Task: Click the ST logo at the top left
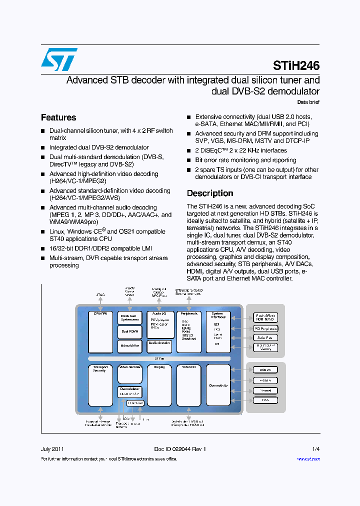[59, 59]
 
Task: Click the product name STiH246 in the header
[296, 65]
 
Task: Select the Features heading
[58, 117]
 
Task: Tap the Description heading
[210, 193]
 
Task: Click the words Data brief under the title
[308, 102]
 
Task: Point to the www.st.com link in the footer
[308, 458]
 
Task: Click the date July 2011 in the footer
[52, 449]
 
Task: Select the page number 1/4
[315, 449]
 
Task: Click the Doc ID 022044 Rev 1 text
[180, 449]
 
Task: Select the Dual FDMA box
[130, 331]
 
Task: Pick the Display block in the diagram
[159, 385]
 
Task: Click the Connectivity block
[218, 385]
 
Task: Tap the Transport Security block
[100, 385]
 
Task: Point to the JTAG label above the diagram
[100, 295]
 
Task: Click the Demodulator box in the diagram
[130, 391]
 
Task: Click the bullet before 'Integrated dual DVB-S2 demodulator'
[43, 148]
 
